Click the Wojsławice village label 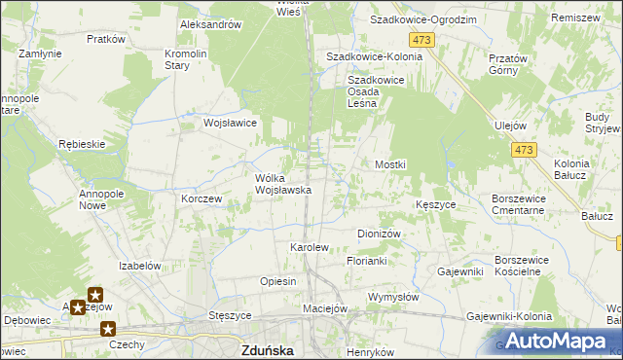[x=230, y=124]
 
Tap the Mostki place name [x=390, y=165]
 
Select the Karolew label [x=310, y=248]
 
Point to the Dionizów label [x=380, y=234]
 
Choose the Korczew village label [x=202, y=198]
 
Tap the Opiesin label [x=277, y=281]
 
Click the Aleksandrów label [x=210, y=24]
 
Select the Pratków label [x=106, y=39]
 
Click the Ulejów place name [x=510, y=126]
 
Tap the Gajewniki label [x=460, y=271]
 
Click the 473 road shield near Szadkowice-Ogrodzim [x=421, y=39]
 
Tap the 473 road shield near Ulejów [x=524, y=149]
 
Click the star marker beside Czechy [x=107, y=329]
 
